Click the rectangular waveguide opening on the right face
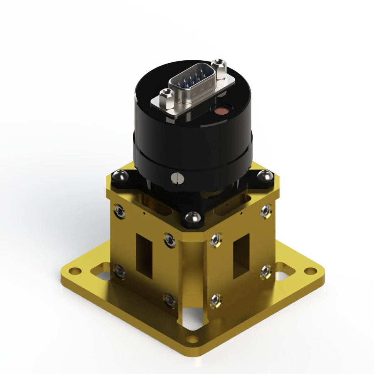241,256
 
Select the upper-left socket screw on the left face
119,212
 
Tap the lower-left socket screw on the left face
120,271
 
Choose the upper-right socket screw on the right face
264,212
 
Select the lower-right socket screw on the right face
265,272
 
